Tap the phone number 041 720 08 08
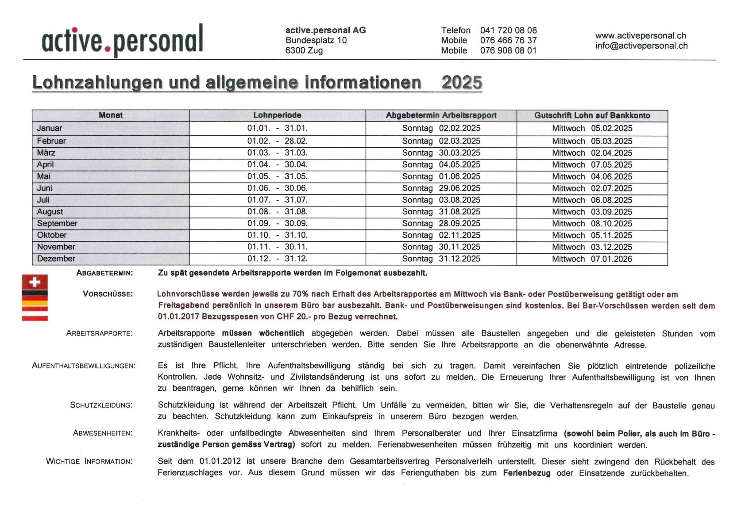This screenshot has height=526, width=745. pyautogui.click(x=508, y=30)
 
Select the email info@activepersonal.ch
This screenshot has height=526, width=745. pyautogui.click(x=641, y=46)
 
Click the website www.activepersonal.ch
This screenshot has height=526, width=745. pyautogui.click(x=640, y=35)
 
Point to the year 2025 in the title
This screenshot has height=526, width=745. pyautogui.click(x=461, y=83)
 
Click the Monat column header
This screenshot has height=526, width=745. pyautogui.click(x=111, y=115)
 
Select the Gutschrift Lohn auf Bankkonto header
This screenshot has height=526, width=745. pyautogui.click(x=592, y=115)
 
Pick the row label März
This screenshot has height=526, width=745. pyautogui.click(x=46, y=153)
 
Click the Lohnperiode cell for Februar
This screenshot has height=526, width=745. pyautogui.click(x=277, y=141)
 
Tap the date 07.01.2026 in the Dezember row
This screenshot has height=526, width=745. pyautogui.click(x=611, y=259)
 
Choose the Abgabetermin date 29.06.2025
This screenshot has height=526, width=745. pyautogui.click(x=459, y=188)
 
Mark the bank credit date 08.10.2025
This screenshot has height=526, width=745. pyautogui.click(x=611, y=224)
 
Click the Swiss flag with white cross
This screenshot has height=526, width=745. pyautogui.click(x=35, y=282)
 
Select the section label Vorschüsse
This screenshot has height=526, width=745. pyautogui.click(x=108, y=294)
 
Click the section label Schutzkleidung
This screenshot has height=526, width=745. pyautogui.click(x=101, y=405)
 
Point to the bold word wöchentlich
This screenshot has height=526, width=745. pyautogui.click(x=282, y=333)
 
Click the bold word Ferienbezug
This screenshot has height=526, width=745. pyautogui.click(x=526, y=473)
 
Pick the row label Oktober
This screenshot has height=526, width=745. pyautogui.click(x=52, y=235)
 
